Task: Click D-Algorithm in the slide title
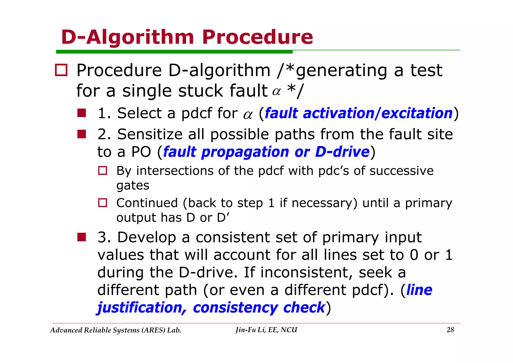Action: pyautogui.click(x=128, y=37)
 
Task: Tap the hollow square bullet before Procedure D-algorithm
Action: pyautogui.click(x=61, y=70)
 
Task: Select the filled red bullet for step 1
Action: pyautogui.click(x=82, y=113)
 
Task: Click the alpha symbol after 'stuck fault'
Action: pyautogui.click(x=276, y=92)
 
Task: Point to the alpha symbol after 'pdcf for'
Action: pyautogui.click(x=248, y=115)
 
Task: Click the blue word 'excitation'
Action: pyautogui.click(x=417, y=113)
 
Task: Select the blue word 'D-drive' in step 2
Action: pyautogui.click(x=342, y=152)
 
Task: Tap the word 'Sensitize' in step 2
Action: pyautogui.click(x=150, y=134)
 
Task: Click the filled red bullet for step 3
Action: pyautogui.click(x=82, y=237)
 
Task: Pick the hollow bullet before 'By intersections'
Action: pyautogui.click(x=102, y=171)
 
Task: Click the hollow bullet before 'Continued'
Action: pyautogui.click(x=102, y=203)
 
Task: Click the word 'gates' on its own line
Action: pyautogui.click(x=133, y=186)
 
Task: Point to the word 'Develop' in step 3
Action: pyautogui.click(x=147, y=237)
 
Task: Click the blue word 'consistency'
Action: pyautogui.click(x=235, y=308)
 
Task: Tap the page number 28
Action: pyautogui.click(x=450, y=330)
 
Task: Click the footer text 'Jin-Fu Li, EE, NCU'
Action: pyautogui.click(x=266, y=330)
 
